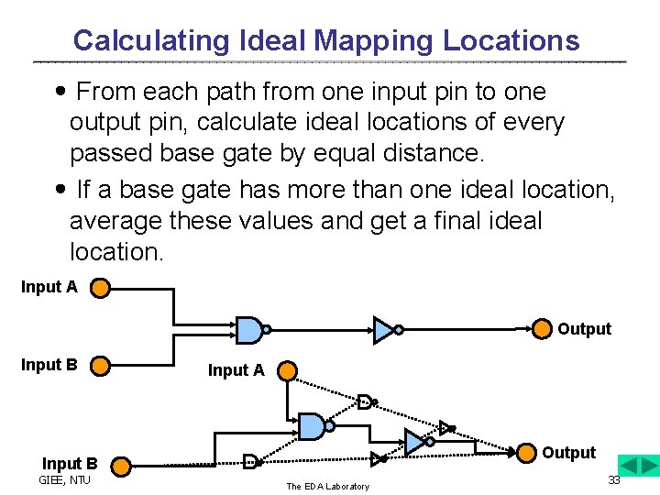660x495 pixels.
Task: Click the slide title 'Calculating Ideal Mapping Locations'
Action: [x=326, y=40]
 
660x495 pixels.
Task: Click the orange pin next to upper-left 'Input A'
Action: [x=100, y=289]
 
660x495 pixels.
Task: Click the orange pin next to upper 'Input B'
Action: [x=100, y=366]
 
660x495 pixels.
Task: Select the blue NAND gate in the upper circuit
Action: [x=248, y=329]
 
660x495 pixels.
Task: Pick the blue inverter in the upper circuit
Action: [x=384, y=329]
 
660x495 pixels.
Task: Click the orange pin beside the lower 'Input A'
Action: [x=287, y=371]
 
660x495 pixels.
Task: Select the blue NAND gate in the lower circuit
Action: [x=312, y=425]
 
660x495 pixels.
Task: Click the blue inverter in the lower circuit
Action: [x=415, y=442]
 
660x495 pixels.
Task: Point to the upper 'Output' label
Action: [x=584, y=329]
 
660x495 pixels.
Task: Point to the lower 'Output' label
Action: [x=568, y=453]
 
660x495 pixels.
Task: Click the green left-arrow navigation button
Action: [x=628, y=464]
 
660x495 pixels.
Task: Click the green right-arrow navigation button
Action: [x=648, y=464]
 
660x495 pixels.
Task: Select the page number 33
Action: [x=614, y=480]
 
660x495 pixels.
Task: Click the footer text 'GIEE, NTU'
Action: [x=64, y=480]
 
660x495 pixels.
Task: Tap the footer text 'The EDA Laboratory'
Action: [x=327, y=486]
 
